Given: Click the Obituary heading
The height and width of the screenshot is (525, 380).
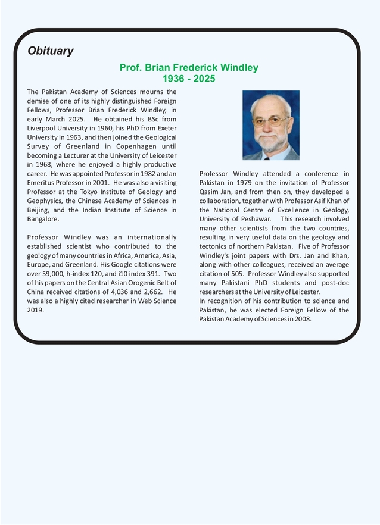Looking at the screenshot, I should [x=51, y=51].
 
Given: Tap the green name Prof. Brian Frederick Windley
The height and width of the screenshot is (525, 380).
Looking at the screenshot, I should [x=189, y=68].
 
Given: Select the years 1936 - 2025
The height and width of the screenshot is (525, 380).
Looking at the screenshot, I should [x=189, y=79].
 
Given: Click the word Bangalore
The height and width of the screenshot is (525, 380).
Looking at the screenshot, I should [x=43, y=219].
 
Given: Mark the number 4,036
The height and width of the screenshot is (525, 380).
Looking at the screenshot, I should [x=124, y=292].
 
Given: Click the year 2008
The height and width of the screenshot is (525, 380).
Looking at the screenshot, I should [x=300, y=319].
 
